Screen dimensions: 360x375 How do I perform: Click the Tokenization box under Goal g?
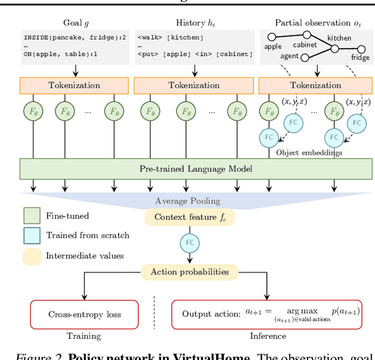[x=74, y=86]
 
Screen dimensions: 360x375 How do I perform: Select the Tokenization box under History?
[x=194, y=86]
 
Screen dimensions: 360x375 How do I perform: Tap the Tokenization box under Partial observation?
[x=315, y=86]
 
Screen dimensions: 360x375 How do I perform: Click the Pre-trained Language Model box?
[x=196, y=169]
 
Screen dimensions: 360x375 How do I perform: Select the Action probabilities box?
[x=189, y=272]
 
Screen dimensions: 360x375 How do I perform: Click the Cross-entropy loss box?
[x=84, y=314]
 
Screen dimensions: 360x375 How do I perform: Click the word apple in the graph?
[x=273, y=45]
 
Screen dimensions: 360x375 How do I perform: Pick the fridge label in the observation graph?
[x=360, y=57]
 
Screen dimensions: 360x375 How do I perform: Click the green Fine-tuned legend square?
[x=32, y=216]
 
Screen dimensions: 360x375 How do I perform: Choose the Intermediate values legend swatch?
[x=32, y=256]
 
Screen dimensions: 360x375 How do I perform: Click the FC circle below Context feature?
[x=189, y=242]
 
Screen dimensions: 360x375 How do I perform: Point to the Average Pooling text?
[x=188, y=201]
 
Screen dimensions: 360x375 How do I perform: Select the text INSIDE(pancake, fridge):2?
[x=69, y=36]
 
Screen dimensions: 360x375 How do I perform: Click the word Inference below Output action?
[x=268, y=336]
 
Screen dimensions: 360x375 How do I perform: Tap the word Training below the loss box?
[x=84, y=336]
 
